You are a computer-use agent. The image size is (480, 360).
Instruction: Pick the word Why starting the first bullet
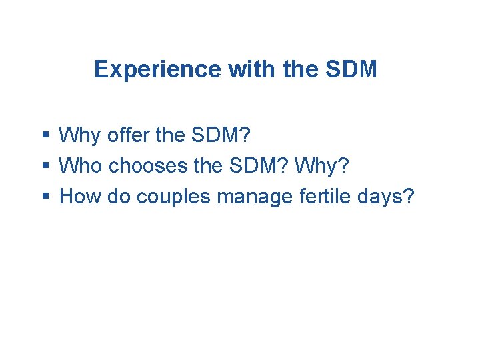(x=76, y=136)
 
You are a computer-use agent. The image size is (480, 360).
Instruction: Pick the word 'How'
(x=78, y=196)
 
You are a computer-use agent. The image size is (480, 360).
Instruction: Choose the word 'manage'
(x=247, y=196)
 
